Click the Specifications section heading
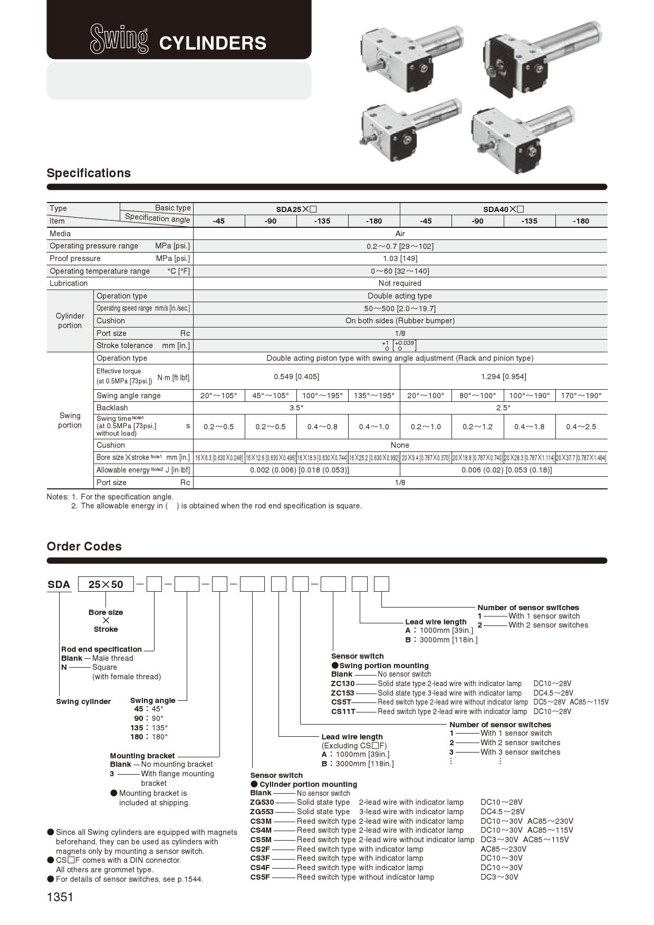click(89, 173)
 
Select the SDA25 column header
click(296, 209)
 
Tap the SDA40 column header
click(503, 209)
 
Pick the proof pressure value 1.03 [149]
click(400, 258)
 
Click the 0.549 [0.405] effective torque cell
click(296, 377)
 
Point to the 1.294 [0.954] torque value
click(503, 377)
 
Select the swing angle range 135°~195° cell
click(374, 396)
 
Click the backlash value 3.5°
click(296, 408)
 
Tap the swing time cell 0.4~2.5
click(581, 427)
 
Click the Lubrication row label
click(69, 283)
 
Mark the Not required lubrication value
click(400, 283)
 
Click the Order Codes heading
click(84, 546)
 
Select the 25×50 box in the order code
click(105, 584)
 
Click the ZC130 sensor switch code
click(343, 683)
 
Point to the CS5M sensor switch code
click(261, 840)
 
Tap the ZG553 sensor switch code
click(262, 812)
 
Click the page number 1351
click(60, 897)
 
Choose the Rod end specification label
click(101, 649)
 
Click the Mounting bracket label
click(142, 756)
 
